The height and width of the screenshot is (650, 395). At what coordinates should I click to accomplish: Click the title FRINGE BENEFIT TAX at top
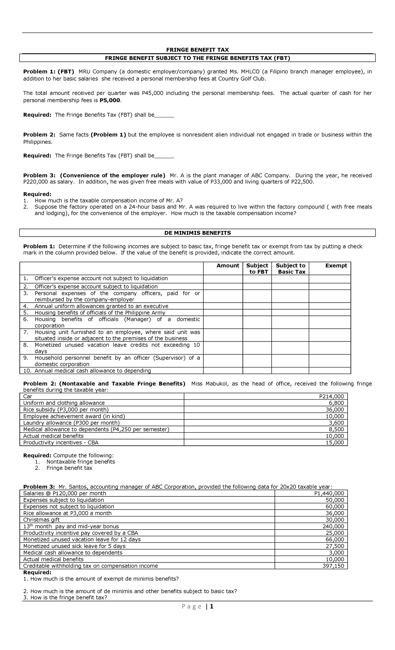point(197,50)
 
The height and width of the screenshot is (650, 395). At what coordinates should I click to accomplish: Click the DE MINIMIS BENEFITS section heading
point(197,233)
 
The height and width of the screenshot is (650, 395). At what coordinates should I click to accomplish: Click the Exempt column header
point(336,265)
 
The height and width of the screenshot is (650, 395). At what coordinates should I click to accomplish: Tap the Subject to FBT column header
point(257,268)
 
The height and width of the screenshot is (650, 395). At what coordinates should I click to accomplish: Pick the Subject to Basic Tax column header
point(290,268)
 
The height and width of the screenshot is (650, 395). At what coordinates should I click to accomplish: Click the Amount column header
point(228,265)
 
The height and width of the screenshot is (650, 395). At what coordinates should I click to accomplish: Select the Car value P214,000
point(334,396)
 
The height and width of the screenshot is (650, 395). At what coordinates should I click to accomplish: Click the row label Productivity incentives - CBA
point(61,442)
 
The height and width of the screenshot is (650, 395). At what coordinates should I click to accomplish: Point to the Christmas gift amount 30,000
point(336,520)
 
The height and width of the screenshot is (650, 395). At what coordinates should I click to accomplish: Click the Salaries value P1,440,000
point(329,493)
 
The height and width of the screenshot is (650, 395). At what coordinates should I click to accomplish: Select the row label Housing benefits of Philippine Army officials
point(100,312)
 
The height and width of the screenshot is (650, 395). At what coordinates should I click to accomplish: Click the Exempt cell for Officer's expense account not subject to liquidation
point(330,279)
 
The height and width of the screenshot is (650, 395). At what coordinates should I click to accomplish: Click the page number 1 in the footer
point(212,606)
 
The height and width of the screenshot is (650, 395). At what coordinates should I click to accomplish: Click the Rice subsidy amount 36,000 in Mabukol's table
point(336,410)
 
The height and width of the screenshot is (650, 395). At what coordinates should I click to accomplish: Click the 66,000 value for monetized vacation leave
point(336,539)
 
